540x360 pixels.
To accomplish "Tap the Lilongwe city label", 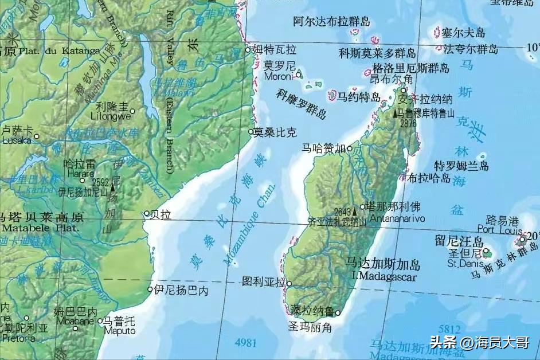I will [x=111, y=116].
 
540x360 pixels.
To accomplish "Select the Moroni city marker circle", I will [x=299, y=75].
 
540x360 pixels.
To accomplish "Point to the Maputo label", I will [x=120, y=331].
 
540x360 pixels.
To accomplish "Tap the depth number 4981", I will [x=245, y=343].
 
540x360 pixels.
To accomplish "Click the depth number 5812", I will [x=449, y=329].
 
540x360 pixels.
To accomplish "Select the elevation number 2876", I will [x=408, y=123].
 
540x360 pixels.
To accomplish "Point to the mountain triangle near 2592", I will [x=112, y=186].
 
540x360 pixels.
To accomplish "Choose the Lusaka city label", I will [x=18, y=140].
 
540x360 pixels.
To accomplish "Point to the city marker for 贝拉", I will [x=147, y=213].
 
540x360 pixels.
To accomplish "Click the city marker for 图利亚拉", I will [x=289, y=283].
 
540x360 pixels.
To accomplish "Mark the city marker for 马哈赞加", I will [x=350, y=148].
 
